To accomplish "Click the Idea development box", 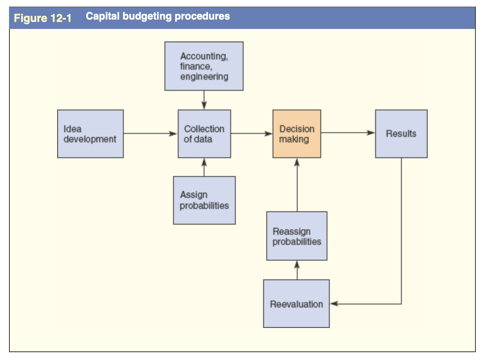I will click(90, 134).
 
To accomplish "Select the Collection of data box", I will click(204, 134).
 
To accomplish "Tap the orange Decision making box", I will click(296, 134).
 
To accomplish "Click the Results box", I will click(401, 134).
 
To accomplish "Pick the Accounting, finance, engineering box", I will click(204, 66).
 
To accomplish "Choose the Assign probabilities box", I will click(204, 200).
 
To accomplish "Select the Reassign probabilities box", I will click(296, 236).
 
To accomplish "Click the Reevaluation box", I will click(296, 304).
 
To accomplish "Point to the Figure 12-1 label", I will click(43, 18).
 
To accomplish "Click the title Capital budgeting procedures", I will click(157, 16).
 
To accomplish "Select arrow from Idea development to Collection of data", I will click(150, 133).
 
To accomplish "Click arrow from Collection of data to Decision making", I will click(251, 133).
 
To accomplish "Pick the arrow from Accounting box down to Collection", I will click(204, 100).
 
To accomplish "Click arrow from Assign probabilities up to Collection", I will click(204, 167).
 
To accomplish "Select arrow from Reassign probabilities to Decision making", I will click(297, 185).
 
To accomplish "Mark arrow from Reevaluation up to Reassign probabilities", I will click(297, 270).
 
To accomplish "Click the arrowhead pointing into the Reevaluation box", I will click(334, 304).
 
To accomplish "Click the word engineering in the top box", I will click(204, 77).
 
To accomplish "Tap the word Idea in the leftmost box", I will click(72, 129).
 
